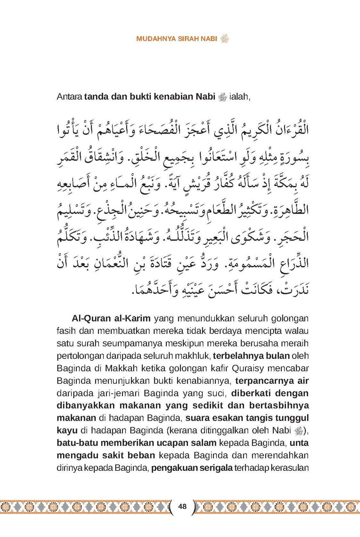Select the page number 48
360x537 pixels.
pos(182,507)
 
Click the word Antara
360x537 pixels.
pos(69,96)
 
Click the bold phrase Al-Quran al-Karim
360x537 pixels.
pos(111,318)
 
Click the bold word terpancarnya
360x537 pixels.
pos(262,381)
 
